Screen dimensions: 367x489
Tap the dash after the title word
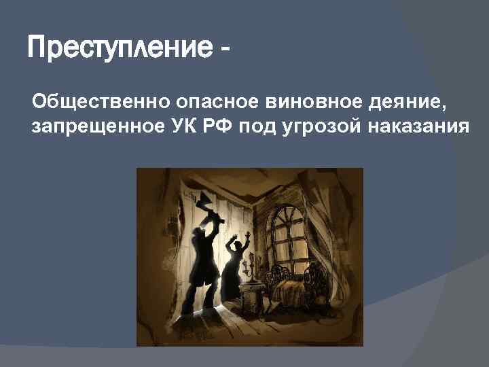click(x=225, y=50)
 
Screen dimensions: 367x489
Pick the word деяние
click(x=403, y=103)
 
